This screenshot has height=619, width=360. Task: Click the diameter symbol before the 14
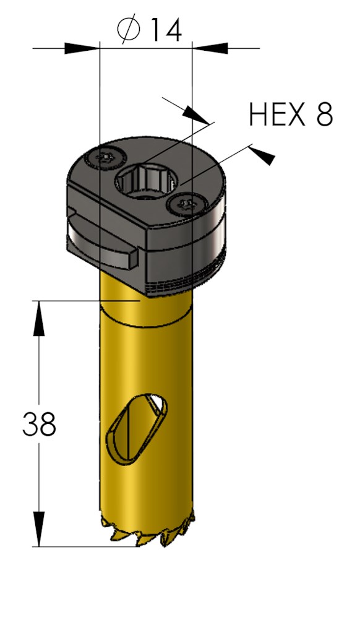130,30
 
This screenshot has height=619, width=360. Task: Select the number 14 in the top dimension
165,30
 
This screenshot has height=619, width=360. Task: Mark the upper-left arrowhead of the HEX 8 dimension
197,114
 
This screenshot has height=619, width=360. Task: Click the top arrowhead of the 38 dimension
40,319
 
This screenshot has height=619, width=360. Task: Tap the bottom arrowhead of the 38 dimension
40,529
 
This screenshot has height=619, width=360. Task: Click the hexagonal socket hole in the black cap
147,181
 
